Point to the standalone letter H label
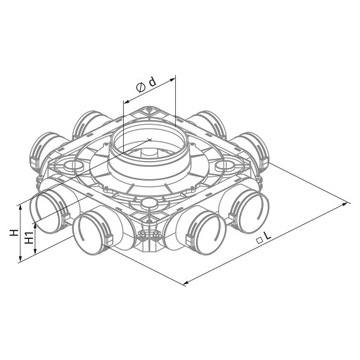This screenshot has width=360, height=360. pos(14,232)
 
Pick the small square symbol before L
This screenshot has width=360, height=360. pos(259,241)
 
